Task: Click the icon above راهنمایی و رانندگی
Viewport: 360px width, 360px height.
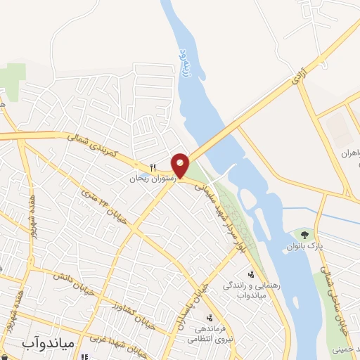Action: tap(250, 274)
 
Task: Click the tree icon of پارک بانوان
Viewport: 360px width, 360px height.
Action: tap(304, 234)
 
